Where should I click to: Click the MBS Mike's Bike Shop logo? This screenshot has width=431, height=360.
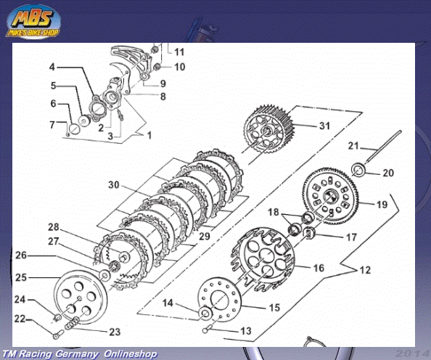tap(33, 22)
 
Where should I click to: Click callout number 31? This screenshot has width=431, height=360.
tap(324, 126)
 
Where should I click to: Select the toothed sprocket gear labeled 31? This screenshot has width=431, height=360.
tap(269, 130)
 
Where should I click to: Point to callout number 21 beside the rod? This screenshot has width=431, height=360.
tap(353, 146)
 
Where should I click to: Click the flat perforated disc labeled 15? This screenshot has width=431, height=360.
tap(219, 299)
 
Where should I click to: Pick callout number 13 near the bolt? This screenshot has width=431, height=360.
tap(245, 330)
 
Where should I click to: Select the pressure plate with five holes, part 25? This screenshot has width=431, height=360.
tap(81, 297)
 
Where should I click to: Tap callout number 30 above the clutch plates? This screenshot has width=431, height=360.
tap(113, 185)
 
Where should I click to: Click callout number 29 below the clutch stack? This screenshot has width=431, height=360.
tap(205, 236)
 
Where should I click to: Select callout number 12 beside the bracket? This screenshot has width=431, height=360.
tap(365, 270)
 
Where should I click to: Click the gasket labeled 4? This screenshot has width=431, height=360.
tap(97, 108)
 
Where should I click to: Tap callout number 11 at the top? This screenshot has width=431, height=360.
tap(179, 52)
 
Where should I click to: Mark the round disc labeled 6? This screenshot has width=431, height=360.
tap(74, 128)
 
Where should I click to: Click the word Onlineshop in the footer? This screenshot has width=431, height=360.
tap(131, 354)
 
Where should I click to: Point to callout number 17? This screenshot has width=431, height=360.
tap(351, 237)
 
